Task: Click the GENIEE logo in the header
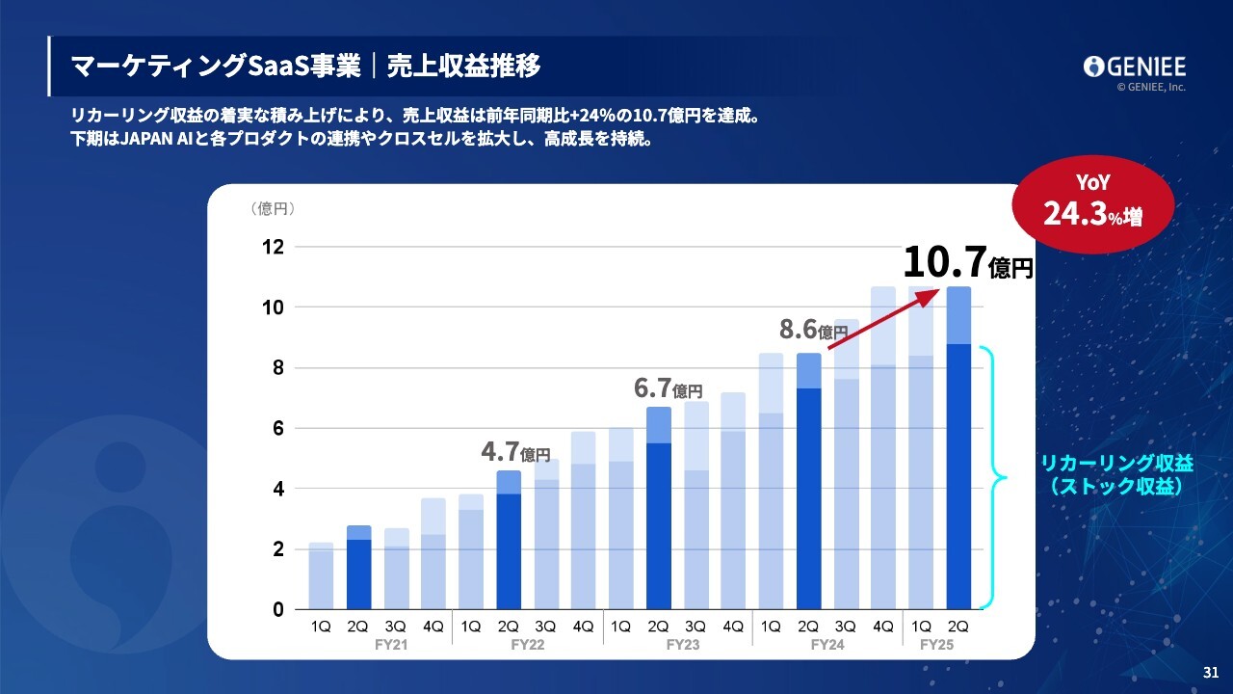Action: pyautogui.click(x=1134, y=67)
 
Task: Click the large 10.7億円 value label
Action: pyautogui.click(x=967, y=262)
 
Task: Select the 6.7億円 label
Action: pyautogui.click(x=668, y=389)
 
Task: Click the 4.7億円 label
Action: pyautogui.click(x=516, y=452)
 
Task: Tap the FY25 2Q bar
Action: pyautogui.click(x=958, y=448)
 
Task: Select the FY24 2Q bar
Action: pyautogui.click(x=809, y=482)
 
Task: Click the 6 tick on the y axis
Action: pyautogui.click(x=277, y=428)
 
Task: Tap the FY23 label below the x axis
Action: pyautogui.click(x=683, y=645)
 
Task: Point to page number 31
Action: pyautogui.click(x=1211, y=672)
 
